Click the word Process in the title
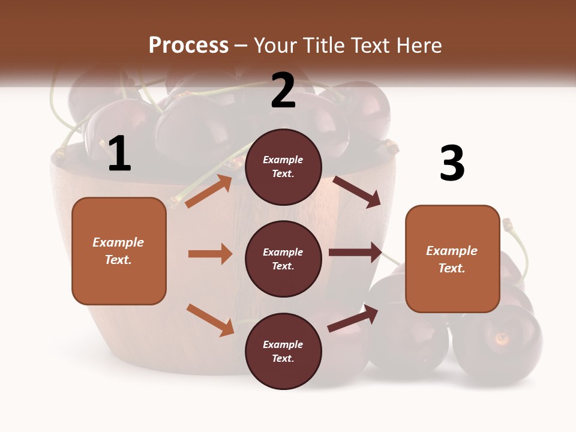point(188,46)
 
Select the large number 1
point(119,154)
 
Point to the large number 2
point(283,91)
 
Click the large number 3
point(452,163)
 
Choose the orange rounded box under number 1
point(119,251)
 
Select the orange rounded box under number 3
point(452,259)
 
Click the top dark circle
point(283,167)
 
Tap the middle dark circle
point(283,259)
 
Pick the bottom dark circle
point(283,351)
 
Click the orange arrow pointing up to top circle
point(209,191)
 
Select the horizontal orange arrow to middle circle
point(210,254)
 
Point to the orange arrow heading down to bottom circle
point(210,320)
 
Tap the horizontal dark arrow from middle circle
point(355,253)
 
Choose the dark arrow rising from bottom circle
point(353,318)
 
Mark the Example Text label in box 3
point(452,259)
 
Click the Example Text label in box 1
point(118,251)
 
